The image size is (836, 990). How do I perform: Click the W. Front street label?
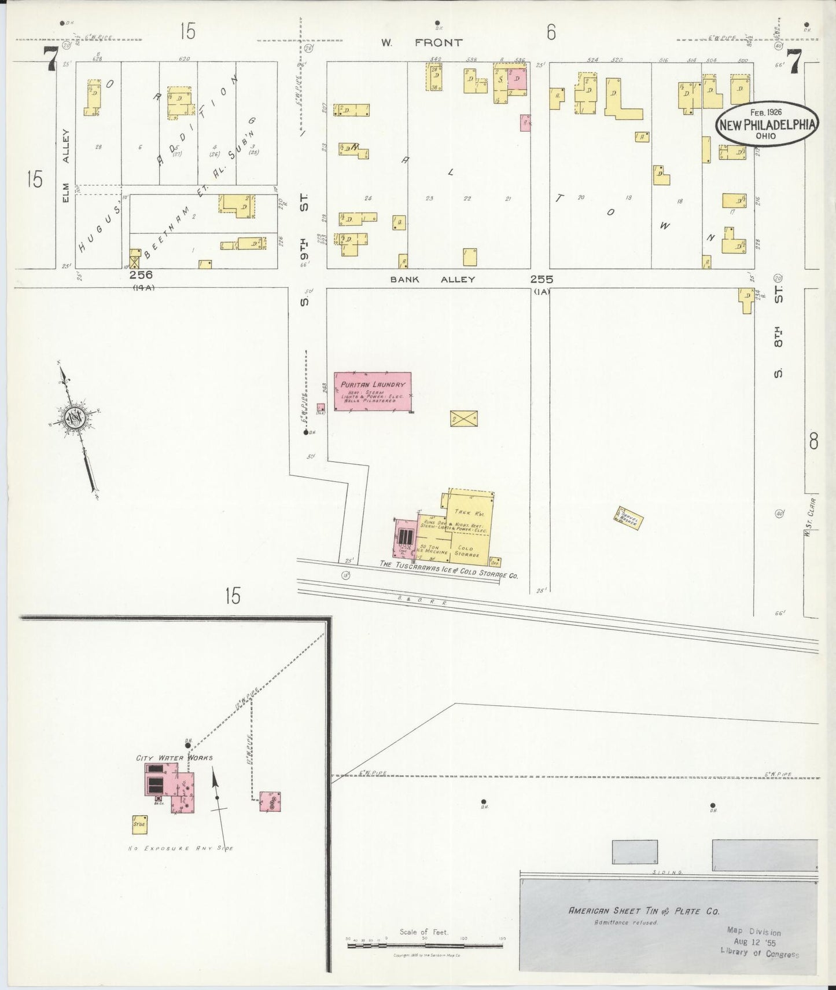422,42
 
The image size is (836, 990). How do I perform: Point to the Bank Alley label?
432,280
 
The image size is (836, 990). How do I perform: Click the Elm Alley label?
66,168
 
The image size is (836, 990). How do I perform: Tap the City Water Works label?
174,758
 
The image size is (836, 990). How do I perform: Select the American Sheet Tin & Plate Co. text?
644,911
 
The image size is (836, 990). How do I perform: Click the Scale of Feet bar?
425,945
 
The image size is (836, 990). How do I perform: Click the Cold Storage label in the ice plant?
465,551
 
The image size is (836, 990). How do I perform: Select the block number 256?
141,276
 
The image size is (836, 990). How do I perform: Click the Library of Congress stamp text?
759,955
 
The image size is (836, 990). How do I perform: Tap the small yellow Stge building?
139,824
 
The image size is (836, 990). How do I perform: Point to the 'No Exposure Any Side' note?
181,848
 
